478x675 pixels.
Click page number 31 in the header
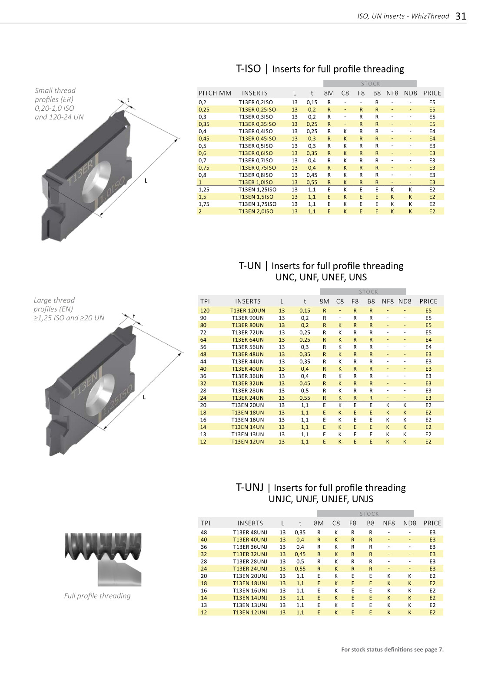tap(461, 16)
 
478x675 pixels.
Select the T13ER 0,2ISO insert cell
tap(256, 102)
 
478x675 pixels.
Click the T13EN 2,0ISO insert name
tap(256, 211)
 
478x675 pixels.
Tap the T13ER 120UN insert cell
tap(248, 310)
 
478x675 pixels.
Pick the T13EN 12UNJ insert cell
tap(250, 612)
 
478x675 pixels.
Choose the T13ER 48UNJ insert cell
tap(250, 532)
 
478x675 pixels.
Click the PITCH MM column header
tap(215, 93)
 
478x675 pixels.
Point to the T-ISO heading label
tap(248, 69)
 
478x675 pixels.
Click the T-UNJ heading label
tap(249, 487)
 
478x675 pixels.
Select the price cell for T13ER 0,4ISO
tap(432, 131)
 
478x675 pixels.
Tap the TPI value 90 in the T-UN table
tap(203, 318)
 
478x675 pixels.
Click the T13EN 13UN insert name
tap(248, 434)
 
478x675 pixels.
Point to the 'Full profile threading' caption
tap(97, 596)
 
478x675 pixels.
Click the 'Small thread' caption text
tap(55, 90)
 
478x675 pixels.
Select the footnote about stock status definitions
tap(392, 649)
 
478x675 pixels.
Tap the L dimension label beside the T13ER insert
tap(146, 181)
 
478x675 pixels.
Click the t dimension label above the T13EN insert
tap(134, 316)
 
